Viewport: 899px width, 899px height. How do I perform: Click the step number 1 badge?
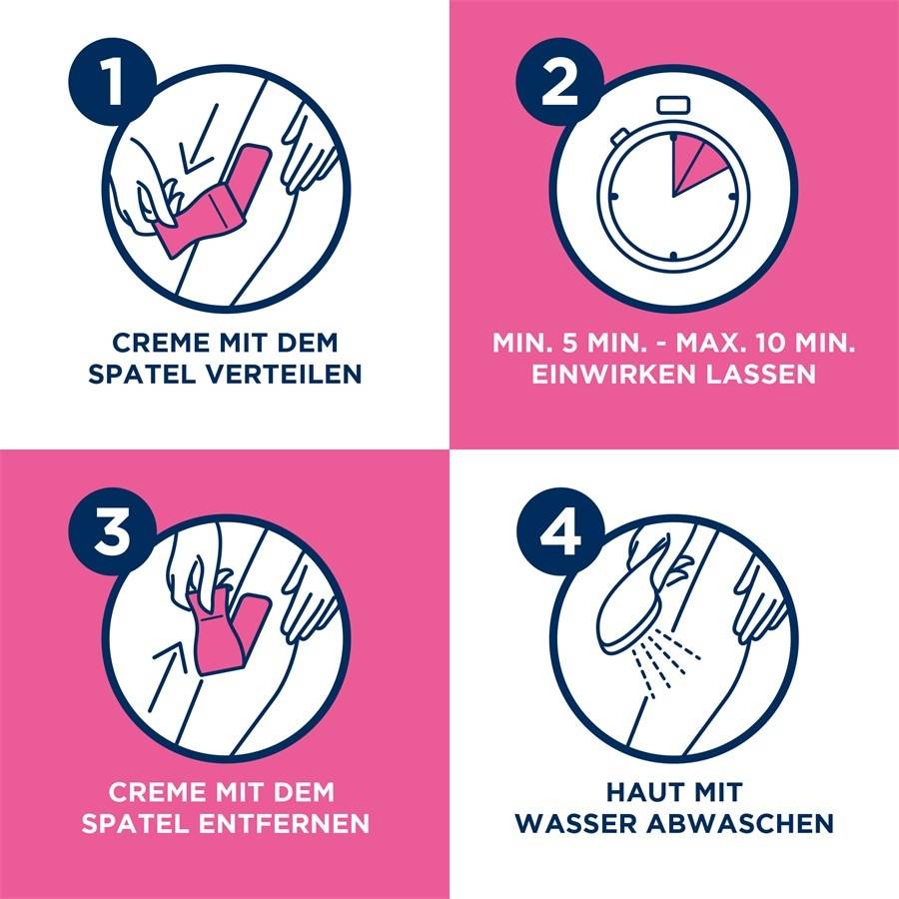[112, 82]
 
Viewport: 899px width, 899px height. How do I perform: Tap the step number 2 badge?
[559, 82]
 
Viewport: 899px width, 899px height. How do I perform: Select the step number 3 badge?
[112, 531]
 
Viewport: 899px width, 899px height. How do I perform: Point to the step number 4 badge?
[559, 531]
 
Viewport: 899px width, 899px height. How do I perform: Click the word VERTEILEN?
[284, 374]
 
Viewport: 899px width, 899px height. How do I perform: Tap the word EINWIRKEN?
[614, 374]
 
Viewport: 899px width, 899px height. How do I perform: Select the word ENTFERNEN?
[284, 823]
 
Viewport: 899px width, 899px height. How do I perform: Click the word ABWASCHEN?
[740, 823]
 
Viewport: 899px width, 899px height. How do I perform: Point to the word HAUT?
[638, 792]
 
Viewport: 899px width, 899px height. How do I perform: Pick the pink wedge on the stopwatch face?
[696, 163]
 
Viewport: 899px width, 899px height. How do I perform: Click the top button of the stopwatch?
[673, 106]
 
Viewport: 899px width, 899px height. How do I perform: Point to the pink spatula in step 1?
[215, 201]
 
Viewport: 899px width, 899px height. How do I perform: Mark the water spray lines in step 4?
[665, 660]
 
